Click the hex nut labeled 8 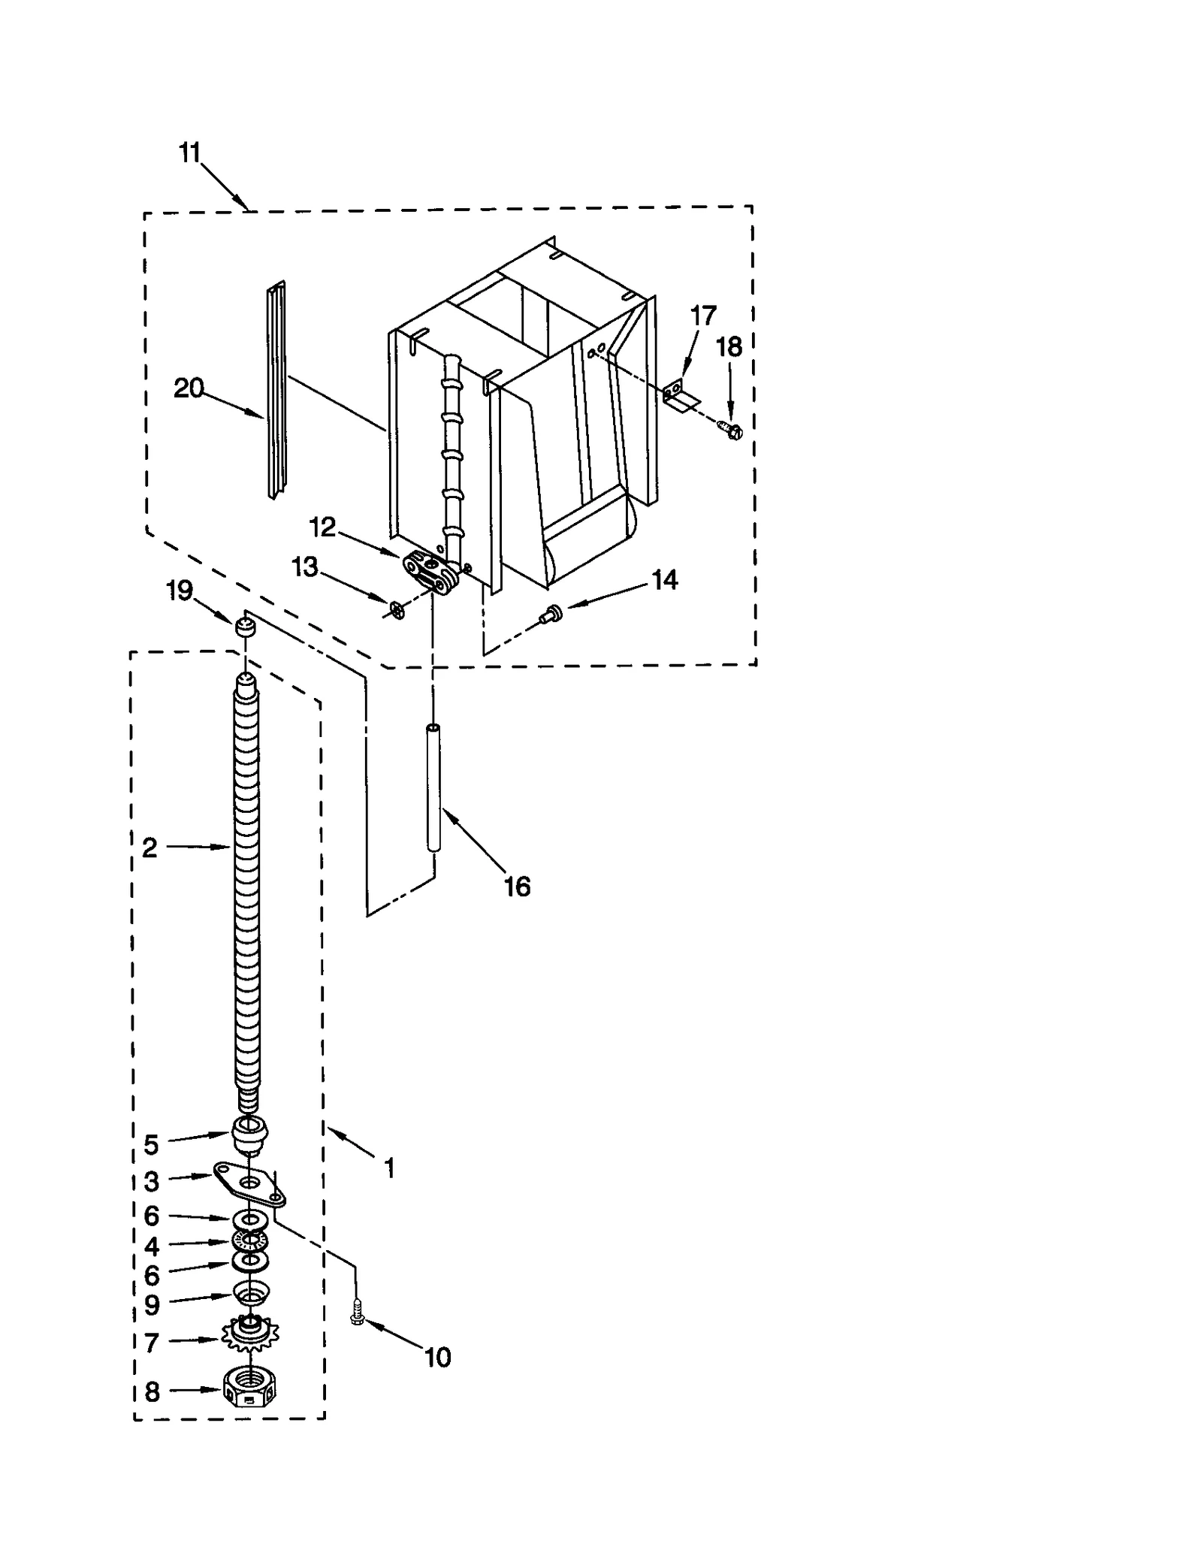click(x=249, y=1391)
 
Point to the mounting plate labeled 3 click(x=248, y=1183)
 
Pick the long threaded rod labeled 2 click(x=248, y=887)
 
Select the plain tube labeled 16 click(x=433, y=787)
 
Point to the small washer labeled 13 click(x=397, y=610)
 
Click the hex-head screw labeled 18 click(x=732, y=430)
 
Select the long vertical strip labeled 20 click(x=276, y=391)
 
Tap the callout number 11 click(x=189, y=153)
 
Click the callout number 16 click(x=517, y=887)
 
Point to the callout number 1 click(x=389, y=1168)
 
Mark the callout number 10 click(x=437, y=1357)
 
